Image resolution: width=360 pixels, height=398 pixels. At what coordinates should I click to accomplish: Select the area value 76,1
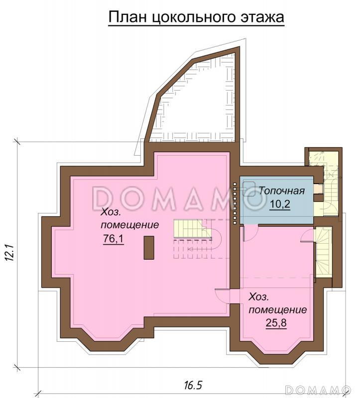(114, 238)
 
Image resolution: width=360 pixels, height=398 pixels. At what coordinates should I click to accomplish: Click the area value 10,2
(280, 204)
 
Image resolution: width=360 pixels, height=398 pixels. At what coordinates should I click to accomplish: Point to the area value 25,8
(276, 323)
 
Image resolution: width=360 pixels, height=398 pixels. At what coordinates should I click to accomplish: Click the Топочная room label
(281, 191)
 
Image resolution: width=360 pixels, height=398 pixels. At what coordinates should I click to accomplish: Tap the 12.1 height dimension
(9, 253)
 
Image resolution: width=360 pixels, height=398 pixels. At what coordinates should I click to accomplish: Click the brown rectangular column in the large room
(148, 247)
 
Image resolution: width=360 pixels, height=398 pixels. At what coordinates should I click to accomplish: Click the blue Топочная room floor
(277, 200)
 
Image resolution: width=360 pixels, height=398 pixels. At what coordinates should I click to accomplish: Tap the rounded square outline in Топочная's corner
(249, 189)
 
